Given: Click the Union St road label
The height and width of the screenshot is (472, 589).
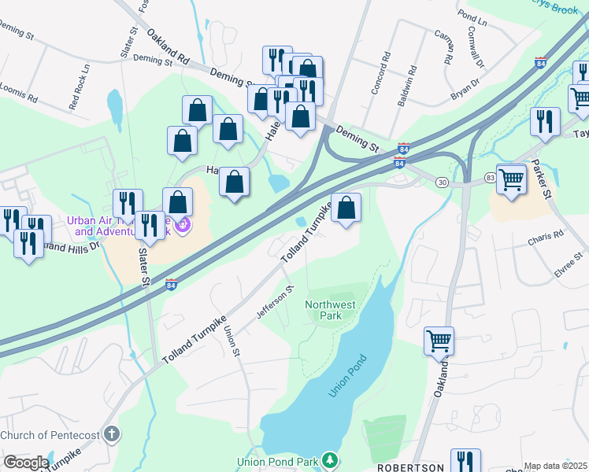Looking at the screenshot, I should tap(231, 340).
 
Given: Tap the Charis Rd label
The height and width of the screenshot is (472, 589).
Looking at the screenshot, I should tap(547, 234).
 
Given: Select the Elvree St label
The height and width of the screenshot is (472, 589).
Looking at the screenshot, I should tap(569, 260).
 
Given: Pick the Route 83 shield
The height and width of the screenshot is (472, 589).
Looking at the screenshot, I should tap(490, 178).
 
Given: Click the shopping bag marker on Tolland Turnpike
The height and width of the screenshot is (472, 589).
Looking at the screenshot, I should tap(346, 208).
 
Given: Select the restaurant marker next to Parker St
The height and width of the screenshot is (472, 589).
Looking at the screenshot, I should tap(545, 121).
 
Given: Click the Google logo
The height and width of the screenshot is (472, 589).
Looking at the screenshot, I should tap(26, 463).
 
